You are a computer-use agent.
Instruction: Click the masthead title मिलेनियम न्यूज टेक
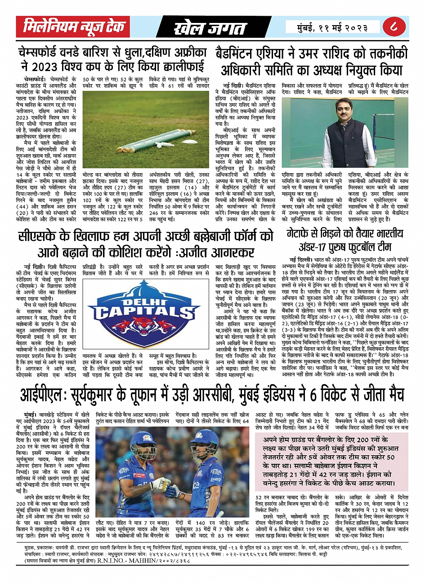(73, 27)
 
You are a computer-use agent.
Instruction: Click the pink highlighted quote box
(331, 462)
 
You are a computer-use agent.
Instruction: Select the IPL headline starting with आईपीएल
(211, 394)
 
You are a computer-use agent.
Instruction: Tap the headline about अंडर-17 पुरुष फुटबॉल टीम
(344, 240)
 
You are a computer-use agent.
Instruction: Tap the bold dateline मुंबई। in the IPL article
(31, 412)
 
